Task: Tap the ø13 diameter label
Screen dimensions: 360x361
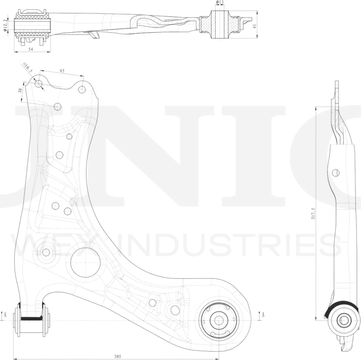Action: click(x=219, y=3)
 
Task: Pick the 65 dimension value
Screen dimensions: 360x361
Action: click(x=62, y=70)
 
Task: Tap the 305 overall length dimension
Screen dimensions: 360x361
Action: click(x=117, y=356)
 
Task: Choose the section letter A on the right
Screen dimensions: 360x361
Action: click(x=263, y=314)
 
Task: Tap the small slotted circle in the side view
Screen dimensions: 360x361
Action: click(x=336, y=172)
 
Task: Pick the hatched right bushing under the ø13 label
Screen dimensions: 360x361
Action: click(x=219, y=24)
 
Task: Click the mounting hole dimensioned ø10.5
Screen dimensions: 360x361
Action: click(x=39, y=84)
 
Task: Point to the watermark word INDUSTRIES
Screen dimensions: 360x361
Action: click(x=208, y=245)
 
